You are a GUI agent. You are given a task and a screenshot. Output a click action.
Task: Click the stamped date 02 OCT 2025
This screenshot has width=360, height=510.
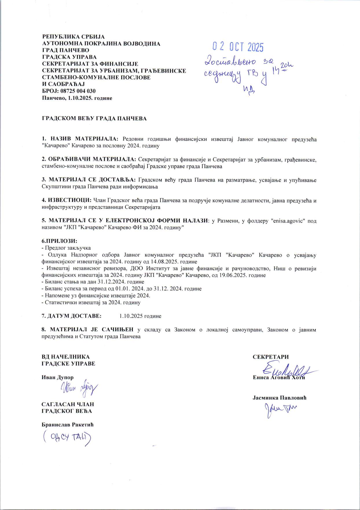tap(238, 46)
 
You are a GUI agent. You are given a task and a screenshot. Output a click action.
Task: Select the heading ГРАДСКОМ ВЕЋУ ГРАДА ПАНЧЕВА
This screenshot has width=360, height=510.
tap(94, 119)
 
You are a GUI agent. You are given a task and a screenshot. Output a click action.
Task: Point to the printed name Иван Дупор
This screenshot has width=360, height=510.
tap(58, 377)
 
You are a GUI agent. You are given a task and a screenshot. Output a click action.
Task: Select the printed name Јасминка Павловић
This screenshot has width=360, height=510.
tap(279, 397)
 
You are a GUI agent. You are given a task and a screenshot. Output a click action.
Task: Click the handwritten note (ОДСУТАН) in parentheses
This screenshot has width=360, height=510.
tap(67, 438)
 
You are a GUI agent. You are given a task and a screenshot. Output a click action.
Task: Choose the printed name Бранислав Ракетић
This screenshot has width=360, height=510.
tap(67, 425)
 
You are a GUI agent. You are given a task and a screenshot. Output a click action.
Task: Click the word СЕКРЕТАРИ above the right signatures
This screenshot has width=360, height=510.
tap(271, 357)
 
